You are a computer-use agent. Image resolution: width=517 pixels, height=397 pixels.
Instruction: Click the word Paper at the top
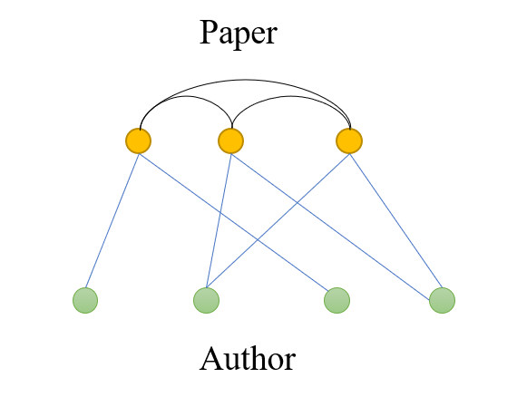[239, 34]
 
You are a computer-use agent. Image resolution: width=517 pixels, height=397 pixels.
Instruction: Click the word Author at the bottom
[248, 358]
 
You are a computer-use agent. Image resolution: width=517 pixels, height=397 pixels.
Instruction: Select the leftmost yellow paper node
[139, 141]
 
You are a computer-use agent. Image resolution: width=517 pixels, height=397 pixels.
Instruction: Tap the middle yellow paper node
[230, 141]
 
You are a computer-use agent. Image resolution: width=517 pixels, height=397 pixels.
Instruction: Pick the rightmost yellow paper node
[349, 141]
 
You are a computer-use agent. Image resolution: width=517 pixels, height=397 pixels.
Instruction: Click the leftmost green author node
[85, 300]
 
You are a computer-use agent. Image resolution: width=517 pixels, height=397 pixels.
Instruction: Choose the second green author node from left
[206, 300]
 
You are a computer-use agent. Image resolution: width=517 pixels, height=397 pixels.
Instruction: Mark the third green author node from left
[337, 300]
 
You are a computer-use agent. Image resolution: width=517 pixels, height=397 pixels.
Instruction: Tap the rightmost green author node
[442, 300]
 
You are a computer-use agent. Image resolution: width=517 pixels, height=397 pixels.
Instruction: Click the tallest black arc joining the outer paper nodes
[245, 80]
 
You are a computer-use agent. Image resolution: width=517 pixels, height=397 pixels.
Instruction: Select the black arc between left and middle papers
[186, 97]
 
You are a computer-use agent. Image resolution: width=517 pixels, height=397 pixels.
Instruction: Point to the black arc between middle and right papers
[290, 97]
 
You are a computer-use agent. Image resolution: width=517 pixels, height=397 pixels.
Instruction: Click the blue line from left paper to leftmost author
[112, 221]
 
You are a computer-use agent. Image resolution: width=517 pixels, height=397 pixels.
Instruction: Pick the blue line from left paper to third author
[234, 222]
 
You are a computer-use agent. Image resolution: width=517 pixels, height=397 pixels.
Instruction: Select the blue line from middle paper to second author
[219, 221]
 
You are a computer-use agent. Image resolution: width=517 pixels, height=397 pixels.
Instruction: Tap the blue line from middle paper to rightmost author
[330, 227]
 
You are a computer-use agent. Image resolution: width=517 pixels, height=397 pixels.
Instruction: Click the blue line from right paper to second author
[278, 221]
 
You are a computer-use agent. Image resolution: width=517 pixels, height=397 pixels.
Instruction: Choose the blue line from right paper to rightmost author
[395, 220]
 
